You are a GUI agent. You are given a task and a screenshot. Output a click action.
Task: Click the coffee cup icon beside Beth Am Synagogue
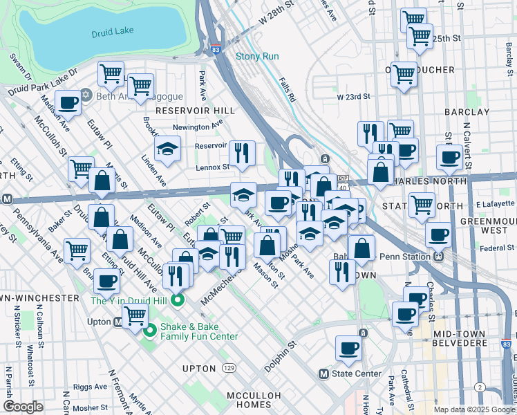click(x=68, y=103)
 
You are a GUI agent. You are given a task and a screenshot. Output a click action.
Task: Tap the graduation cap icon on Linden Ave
click(x=167, y=149)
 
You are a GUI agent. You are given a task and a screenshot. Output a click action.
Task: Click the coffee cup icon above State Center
click(x=348, y=348)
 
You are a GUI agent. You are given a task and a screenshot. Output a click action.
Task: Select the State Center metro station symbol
click(x=323, y=373)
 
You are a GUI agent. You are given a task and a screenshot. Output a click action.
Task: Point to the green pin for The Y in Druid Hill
click(x=178, y=300)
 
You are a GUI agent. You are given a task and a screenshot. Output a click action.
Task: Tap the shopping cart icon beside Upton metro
click(x=135, y=316)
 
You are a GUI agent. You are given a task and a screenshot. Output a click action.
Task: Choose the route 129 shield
click(x=228, y=368)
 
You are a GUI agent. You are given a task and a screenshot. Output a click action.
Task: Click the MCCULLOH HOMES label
click(x=256, y=400)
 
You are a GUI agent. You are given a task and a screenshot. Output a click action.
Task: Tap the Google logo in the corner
click(x=23, y=407)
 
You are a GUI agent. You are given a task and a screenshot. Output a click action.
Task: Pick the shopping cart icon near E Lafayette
click(x=422, y=205)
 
